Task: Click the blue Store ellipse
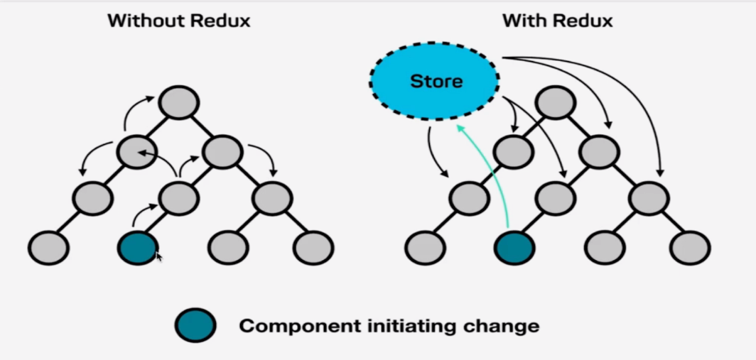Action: (434, 81)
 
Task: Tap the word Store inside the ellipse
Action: (436, 81)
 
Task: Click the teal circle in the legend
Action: (195, 325)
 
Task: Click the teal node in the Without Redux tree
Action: (137, 248)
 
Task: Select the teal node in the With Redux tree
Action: (514, 248)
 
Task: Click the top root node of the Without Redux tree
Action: (179, 103)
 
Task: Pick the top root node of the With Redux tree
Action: (556, 103)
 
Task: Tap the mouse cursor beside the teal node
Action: (159, 256)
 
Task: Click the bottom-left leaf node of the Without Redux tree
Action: (49, 248)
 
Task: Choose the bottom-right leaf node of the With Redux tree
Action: (690, 248)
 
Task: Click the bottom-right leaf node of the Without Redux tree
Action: (313, 248)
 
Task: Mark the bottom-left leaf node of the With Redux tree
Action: (425, 248)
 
